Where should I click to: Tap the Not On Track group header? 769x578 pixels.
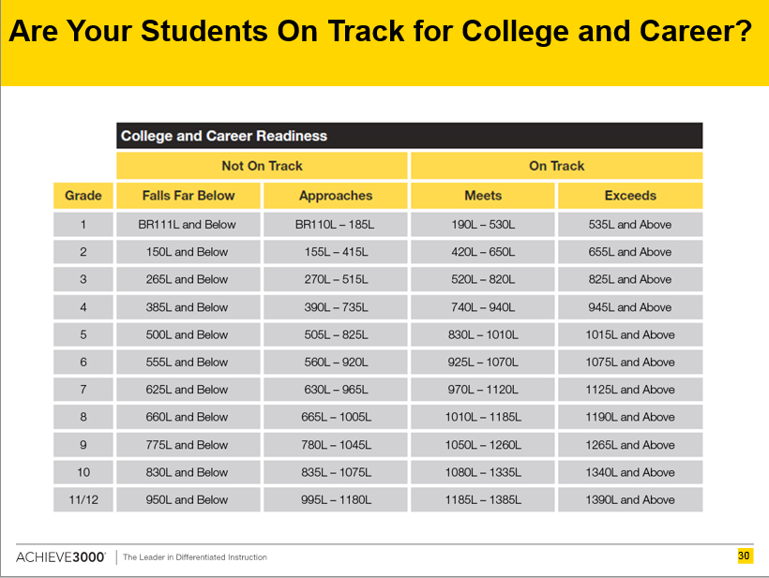(x=262, y=166)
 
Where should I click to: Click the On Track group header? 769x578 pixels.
(x=557, y=166)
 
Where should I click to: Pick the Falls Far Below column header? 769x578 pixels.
(x=188, y=196)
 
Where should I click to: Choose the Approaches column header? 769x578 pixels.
(x=336, y=196)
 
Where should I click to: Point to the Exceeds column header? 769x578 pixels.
(x=630, y=196)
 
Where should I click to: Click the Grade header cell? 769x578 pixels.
(x=83, y=196)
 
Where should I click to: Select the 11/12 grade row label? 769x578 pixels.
(x=83, y=499)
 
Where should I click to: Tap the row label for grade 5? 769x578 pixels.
(x=83, y=334)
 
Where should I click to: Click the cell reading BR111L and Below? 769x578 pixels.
(x=188, y=224)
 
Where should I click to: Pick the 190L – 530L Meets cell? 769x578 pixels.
(x=483, y=224)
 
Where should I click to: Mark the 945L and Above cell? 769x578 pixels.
(x=630, y=307)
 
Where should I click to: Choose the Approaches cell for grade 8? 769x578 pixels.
(x=336, y=417)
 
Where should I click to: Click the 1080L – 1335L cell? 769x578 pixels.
(x=483, y=472)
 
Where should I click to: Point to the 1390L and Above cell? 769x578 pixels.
(x=630, y=499)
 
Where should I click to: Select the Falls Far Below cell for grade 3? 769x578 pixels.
(x=188, y=279)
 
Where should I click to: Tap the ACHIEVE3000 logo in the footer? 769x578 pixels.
(x=61, y=557)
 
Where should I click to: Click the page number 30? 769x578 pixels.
(x=744, y=556)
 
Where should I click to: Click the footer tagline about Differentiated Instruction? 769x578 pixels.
(x=195, y=557)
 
